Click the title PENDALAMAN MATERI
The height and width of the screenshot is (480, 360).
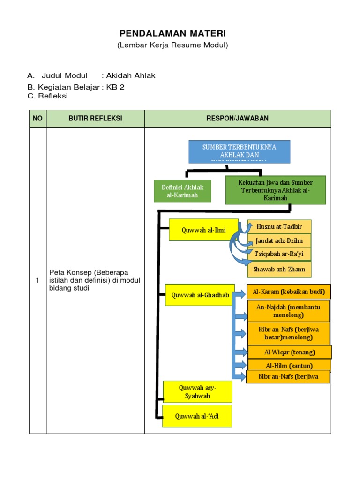(172, 33)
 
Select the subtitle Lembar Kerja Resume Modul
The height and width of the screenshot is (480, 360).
(172, 45)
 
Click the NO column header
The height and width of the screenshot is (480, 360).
(37, 119)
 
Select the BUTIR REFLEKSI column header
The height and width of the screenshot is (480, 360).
(95, 119)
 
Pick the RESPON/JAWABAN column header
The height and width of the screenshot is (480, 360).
(238, 119)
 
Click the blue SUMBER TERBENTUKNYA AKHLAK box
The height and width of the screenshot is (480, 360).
(239, 151)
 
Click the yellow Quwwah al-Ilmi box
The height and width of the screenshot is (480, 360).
(198, 230)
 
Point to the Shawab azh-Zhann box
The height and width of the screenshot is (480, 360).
(279, 270)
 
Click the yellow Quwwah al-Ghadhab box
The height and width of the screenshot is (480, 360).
(200, 295)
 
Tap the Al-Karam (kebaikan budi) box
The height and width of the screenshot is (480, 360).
(289, 292)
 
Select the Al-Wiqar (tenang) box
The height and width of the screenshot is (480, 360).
(290, 352)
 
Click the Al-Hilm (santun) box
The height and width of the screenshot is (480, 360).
(290, 365)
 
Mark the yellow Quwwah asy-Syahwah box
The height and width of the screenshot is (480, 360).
(197, 392)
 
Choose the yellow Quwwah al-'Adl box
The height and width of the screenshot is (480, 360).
(197, 416)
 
